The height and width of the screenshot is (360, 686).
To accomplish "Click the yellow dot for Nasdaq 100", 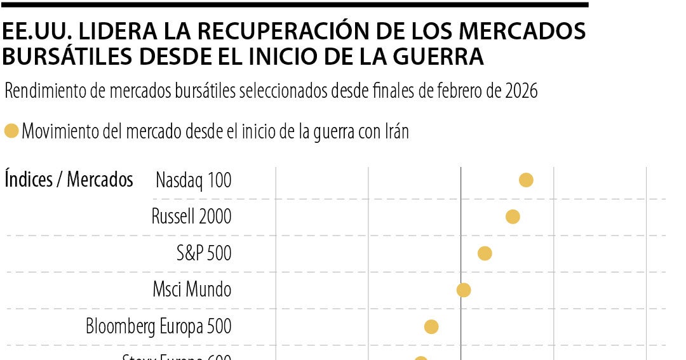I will point(526,180).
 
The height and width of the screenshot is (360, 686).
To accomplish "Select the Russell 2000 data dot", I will point(513,217).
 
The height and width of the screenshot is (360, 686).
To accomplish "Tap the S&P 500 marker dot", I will point(485,253).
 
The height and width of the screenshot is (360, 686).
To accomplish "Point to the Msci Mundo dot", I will point(464,290).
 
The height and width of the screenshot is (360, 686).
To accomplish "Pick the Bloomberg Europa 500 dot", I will point(431,327).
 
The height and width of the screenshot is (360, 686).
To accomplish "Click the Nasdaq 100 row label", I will point(194,180).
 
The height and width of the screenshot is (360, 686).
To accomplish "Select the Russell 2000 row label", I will point(191,217).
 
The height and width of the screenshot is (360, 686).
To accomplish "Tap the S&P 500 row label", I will point(204,253).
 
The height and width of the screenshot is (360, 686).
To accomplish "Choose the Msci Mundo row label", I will point(192,290).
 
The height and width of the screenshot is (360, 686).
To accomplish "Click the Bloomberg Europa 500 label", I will point(159,327).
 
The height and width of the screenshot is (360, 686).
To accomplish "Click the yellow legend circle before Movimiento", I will point(11,131).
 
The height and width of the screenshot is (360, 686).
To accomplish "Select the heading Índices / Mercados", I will point(69,180).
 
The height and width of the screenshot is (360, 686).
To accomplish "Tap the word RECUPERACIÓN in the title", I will point(229,32).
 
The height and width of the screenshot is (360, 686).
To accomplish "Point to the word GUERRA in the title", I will point(434,57).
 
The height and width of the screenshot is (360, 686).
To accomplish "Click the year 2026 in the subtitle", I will point(521,91).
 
